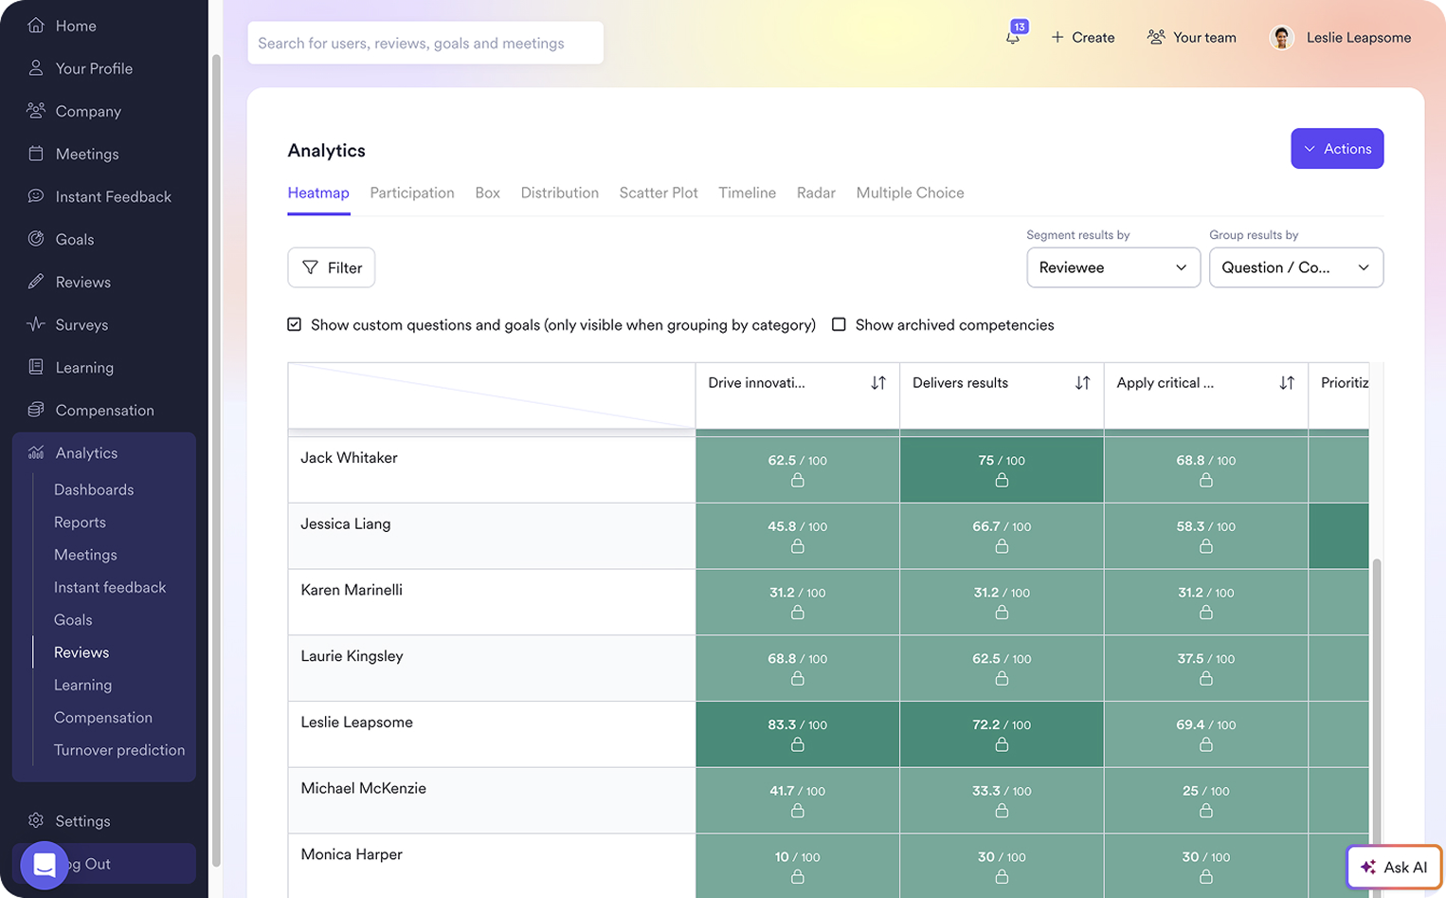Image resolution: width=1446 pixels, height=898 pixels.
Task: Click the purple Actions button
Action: pos(1336,149)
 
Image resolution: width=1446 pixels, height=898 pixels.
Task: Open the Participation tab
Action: pos(411,192)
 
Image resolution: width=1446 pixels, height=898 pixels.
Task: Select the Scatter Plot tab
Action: pos(658,192)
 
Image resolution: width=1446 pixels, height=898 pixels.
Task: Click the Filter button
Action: pos(332,267)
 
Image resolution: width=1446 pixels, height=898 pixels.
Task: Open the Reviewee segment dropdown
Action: pos(1112,267)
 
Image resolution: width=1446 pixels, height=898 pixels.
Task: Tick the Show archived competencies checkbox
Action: pos(839,324)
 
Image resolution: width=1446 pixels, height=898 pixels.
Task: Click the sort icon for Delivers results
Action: pos(1082,383)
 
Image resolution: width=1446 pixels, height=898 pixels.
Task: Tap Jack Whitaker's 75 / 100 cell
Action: pos(1001,468)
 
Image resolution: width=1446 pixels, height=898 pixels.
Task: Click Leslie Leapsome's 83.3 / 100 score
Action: pos(797,733)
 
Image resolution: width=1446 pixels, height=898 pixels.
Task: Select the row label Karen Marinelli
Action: pos(352,590)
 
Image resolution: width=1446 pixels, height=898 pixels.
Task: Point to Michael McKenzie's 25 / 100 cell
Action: pos(1204,799)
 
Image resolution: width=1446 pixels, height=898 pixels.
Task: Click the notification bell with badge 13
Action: pos(1013,37)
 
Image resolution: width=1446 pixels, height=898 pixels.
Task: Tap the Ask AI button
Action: pos(1394,867)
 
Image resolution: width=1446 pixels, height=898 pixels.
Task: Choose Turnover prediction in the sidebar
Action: pos(119,750)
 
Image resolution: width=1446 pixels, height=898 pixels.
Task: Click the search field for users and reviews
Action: pos(425,44)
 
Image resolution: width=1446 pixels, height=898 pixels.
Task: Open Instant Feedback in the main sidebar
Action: pos(113,196)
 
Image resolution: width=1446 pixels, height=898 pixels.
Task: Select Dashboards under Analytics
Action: pos(94,489)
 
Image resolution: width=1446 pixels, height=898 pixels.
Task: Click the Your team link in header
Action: pos(1191,37)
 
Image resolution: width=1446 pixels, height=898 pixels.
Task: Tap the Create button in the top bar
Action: pos(1082,37)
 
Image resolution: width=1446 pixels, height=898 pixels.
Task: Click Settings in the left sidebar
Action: pos(82,821)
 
